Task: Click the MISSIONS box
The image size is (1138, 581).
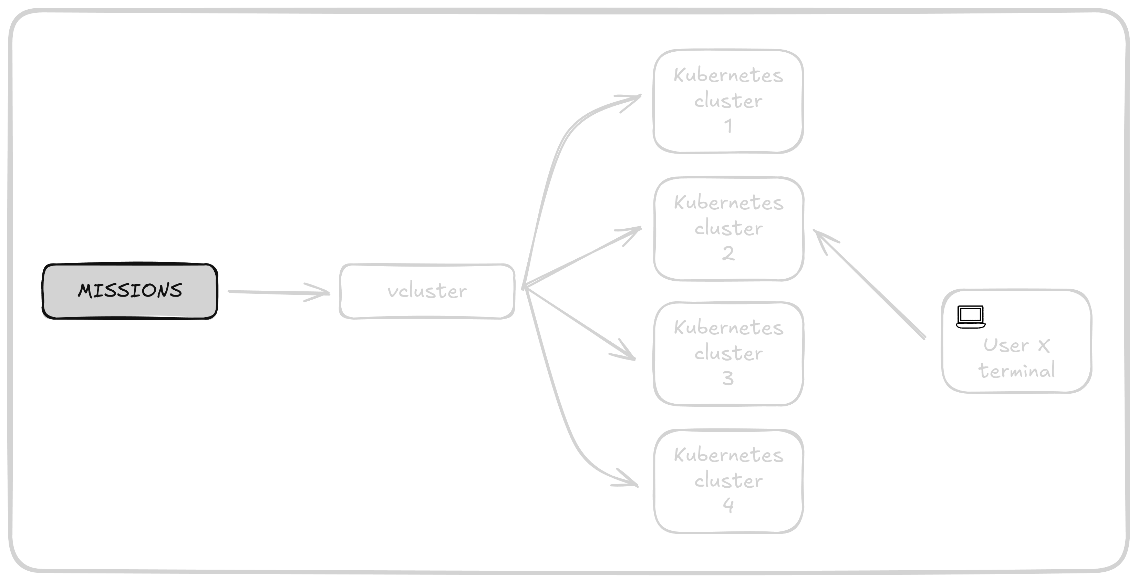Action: pyautogui.click(x=130, y=291)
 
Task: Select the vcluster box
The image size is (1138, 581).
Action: pyautogui.click(x=427, y=291)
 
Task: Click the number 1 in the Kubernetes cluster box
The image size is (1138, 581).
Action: pyautogui.click(x=728, y=126)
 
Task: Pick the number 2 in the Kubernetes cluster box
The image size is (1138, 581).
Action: pyautogui.click(x=728, y=253)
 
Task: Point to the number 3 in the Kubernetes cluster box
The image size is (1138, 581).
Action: pyautogui.click(x=728, y=378)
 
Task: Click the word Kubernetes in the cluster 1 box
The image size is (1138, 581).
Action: pyautogui.click(x=728, y=75)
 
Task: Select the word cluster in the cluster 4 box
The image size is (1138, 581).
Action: pyautogui.click(x=728, y=480)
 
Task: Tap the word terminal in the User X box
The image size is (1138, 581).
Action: pyautogui.click(x=1016, y=371)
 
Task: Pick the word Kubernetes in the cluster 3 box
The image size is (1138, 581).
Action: pyautogui.click(x=728, y=328)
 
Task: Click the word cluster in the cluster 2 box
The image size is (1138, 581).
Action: pyautogui.click(x=728, y=228)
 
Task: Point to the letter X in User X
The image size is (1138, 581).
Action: pyautogui.click(x=1044, y=345)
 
